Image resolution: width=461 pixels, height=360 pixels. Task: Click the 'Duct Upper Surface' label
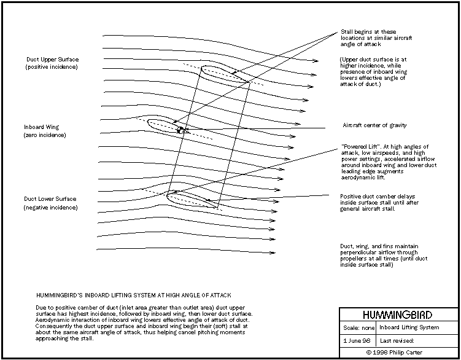(52, 60)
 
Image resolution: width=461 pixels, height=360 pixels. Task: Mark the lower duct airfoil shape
(190, 198)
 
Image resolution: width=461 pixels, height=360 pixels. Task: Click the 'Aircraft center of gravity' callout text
(374, 125)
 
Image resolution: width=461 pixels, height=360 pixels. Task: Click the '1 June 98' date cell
(357, 339)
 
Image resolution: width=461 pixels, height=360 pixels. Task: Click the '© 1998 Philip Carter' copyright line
(399, 352)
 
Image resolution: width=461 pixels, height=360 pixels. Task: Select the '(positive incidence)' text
(52, 66)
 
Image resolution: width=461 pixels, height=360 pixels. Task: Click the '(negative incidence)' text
(51, 208)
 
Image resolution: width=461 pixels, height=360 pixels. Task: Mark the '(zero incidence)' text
(45, 135)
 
